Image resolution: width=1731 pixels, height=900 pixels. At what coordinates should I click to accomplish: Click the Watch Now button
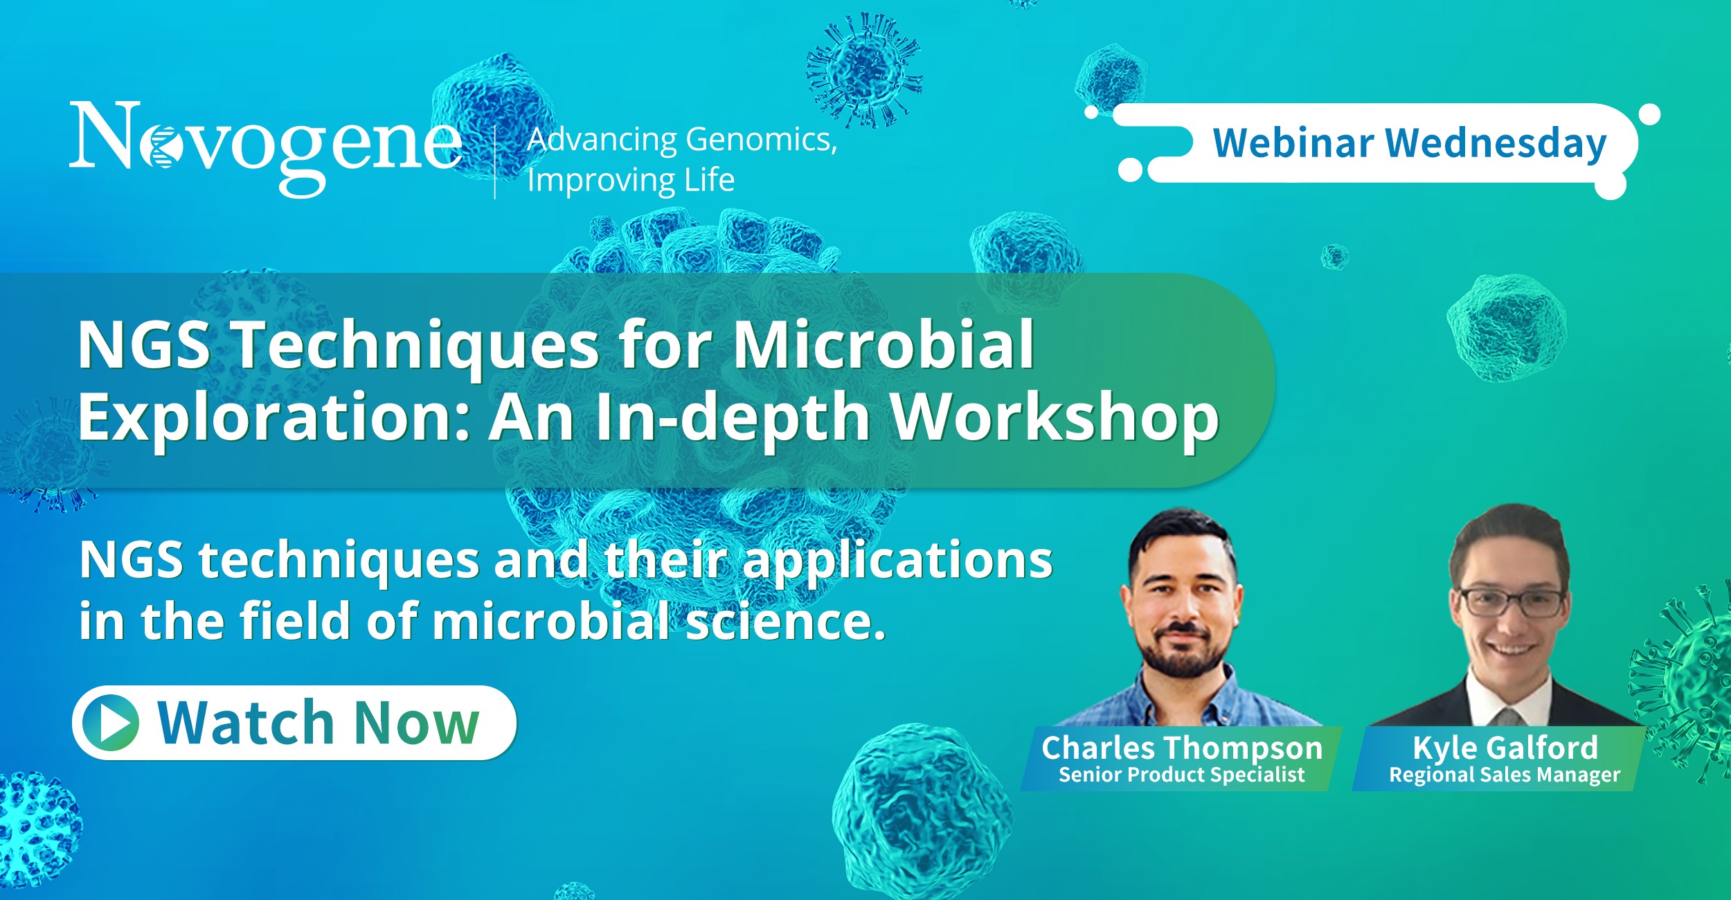(x=294, y=723)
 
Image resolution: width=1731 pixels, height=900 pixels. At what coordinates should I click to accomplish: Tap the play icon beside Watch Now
(x=111, y=723)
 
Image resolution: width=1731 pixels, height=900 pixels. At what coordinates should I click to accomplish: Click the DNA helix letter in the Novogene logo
(x=160, y=147)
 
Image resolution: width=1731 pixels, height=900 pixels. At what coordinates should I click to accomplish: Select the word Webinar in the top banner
(x=1293, y=143)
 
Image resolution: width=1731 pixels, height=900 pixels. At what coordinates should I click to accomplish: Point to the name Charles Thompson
(x=1182, y=748)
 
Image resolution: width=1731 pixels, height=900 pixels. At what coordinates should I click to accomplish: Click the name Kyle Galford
(x=1505, y=748)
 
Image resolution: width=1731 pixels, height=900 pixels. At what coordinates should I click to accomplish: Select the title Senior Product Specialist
(x=1181, y=775)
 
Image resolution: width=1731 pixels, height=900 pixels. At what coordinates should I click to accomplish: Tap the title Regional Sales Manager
(x=1505, y=775)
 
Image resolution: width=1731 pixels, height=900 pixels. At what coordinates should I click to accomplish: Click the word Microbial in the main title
(x=884, y=344)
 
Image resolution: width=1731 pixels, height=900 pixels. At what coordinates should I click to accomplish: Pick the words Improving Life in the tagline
(x=631, y=181)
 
